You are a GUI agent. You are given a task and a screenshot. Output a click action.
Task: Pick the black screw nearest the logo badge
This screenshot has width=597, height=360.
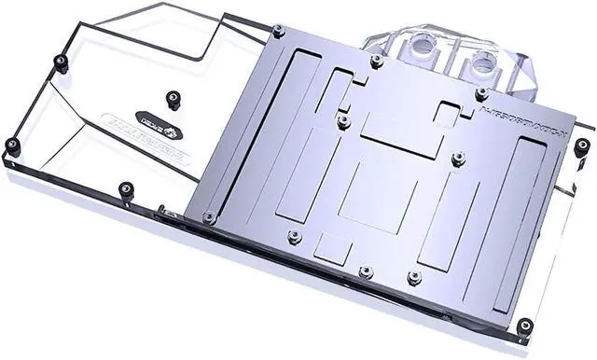[171, 97]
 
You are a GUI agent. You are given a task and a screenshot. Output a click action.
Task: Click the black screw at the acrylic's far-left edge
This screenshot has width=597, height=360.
[12, 145]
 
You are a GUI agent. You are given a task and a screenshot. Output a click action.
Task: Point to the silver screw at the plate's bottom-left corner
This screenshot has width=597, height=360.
[208, 217]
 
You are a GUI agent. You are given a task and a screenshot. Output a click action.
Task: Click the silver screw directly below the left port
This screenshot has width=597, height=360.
[377, 62]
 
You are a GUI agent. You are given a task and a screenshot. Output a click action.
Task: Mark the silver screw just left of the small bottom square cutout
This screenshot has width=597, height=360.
[295, 236]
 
